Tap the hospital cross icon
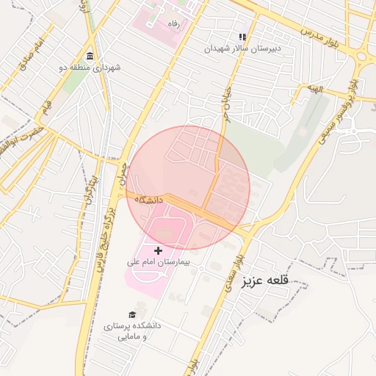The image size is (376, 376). (x=158, y=251)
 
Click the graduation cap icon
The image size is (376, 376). (x=132, y=315)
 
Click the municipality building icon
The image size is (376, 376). (x=90, y=57)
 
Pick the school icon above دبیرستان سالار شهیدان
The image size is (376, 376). (x=242, y=37)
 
